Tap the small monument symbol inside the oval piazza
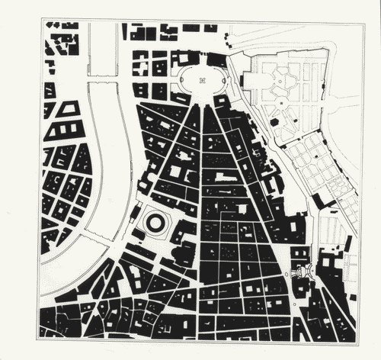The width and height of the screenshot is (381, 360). click(202, 80)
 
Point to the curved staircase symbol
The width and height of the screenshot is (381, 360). click(302, 270)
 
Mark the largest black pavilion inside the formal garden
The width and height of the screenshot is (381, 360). click(273, 122)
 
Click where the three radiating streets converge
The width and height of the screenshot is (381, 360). click(202, 104)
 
